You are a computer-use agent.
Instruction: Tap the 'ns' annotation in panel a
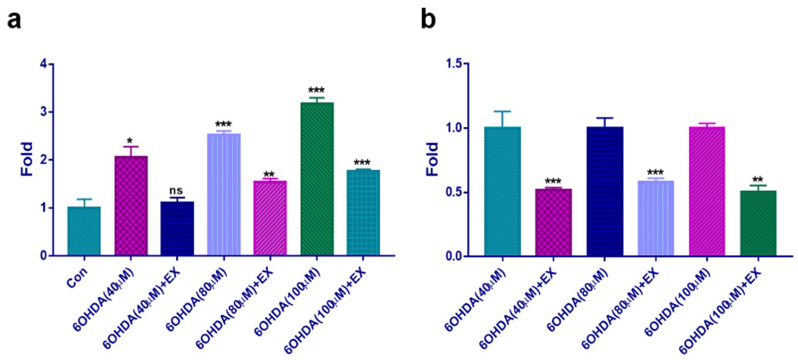176,190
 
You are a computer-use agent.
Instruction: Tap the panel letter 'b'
428,20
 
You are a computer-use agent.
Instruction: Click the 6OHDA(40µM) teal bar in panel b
503,191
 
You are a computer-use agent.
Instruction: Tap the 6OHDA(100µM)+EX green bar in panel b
758,223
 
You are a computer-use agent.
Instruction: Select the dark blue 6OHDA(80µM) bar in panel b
605,191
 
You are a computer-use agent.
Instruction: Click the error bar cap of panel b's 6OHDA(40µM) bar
503,111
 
